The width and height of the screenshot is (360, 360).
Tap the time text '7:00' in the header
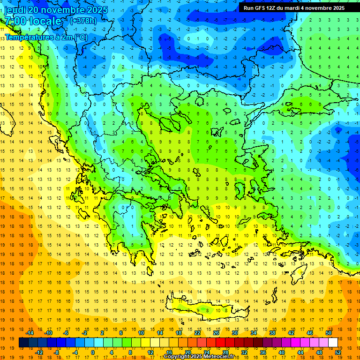pos(15,21)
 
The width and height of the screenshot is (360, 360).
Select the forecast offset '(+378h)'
pos(83,21)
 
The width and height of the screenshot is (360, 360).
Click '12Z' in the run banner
pos(271,8)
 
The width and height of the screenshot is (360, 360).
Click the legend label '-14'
pos(30,333)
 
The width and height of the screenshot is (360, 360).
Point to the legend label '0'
pos(93,352)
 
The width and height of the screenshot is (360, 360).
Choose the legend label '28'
pos(225,352)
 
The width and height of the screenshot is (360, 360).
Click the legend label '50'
pos(328,333)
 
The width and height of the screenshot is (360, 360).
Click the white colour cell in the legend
pos(333,343)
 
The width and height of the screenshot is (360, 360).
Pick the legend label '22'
pos(197,333)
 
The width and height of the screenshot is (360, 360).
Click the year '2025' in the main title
pos(97,10)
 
